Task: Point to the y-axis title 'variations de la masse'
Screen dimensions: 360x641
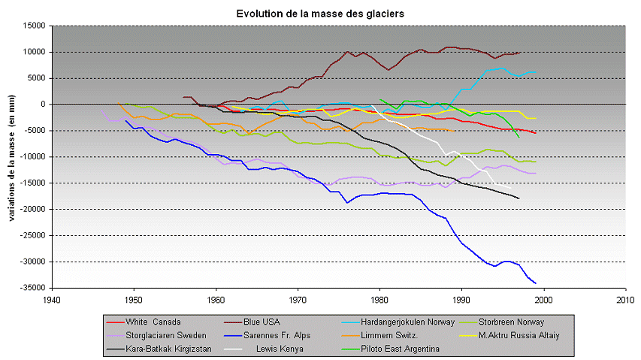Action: point(13,157)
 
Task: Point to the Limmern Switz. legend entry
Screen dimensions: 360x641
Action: point(385,335)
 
